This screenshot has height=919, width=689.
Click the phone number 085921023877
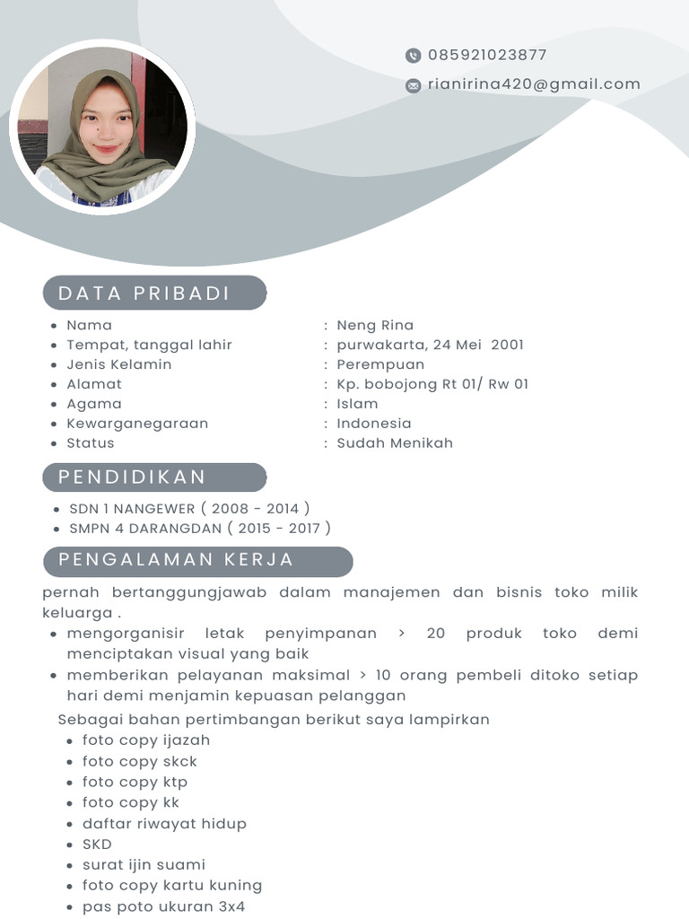click(x=487, y=55)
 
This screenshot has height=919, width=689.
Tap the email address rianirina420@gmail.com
click(x=534, y=84)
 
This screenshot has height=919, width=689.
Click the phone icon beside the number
click(x=413, y=56)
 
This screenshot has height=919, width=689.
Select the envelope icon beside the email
click(x=413, y=85)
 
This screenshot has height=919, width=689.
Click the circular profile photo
click(x=102, y=127)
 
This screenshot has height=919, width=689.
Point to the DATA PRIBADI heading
click(x=144, y=293)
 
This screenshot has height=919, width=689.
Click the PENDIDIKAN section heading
click(x=133, y=477)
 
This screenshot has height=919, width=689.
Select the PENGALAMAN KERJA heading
click(x=177, y=560)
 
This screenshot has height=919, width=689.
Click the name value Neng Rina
click(x=375, y=325)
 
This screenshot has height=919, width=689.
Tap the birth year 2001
click(x=507, y=345)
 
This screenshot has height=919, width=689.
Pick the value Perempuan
click(x=380, y=364)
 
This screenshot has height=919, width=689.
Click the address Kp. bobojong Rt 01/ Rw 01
click(x=432, y=384)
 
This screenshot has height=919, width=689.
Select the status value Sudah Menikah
click(x=395, y=442)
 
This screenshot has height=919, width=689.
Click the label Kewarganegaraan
click(x=137, y=423)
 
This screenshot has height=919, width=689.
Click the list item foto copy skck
click(x=140, y=761)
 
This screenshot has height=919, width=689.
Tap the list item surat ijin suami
click(x=144, y=864)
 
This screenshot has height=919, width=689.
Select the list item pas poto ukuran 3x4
click(x=163, y=906)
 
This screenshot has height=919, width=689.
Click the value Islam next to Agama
click(x=357, y=404)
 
